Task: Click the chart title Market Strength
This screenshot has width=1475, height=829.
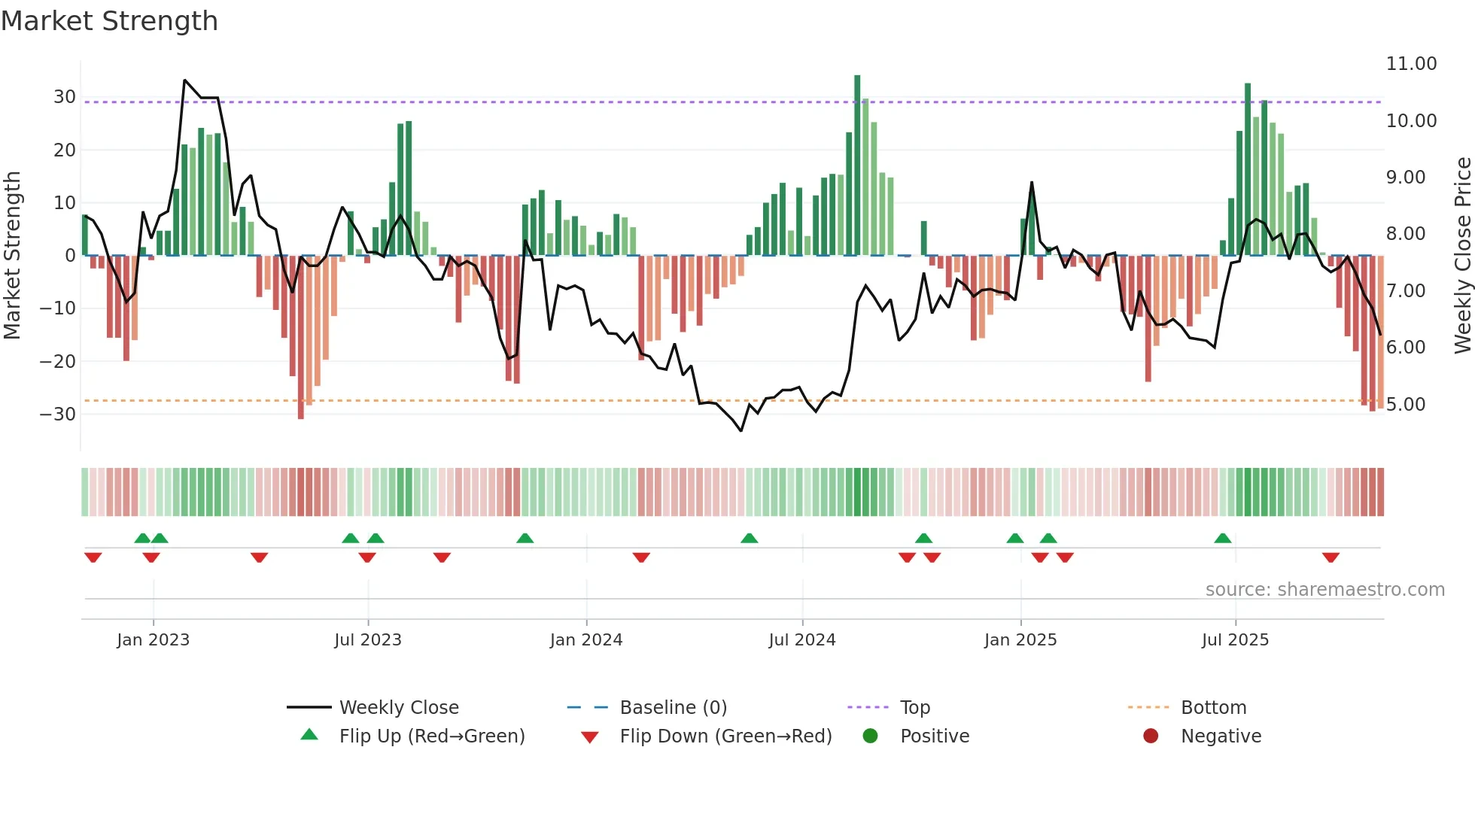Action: [109, 21]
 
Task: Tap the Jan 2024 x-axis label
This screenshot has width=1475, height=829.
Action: [586, 640]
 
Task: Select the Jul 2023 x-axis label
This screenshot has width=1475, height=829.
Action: [368, 640]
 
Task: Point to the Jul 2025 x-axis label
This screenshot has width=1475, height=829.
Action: [1235, 640]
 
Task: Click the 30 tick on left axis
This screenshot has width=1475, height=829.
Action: [65, 97]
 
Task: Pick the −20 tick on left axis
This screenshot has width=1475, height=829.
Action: [58, 361]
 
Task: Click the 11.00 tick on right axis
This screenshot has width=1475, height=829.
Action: [1411, 64]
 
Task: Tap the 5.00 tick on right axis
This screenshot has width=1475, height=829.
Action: [1406, 405]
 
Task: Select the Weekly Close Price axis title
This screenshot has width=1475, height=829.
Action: [1462, 256]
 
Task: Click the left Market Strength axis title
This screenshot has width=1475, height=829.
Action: [12, 256]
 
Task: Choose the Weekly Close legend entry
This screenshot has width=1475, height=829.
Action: [398, 708]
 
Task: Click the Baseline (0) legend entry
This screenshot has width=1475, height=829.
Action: [673, 708]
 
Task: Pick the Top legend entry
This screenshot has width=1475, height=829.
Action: [914, 708]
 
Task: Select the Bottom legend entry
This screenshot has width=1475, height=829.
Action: [1213, 708]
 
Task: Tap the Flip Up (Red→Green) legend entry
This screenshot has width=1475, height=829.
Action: [431, 736]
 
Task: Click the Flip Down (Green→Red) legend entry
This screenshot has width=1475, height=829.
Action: [725, 736]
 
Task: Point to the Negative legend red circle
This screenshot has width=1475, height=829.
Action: [1151, 736]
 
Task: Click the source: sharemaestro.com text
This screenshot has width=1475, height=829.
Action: [1324, 590]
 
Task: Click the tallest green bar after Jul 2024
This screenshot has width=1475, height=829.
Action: [857, 165]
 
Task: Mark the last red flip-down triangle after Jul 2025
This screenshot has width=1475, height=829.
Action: [1331, 557]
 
